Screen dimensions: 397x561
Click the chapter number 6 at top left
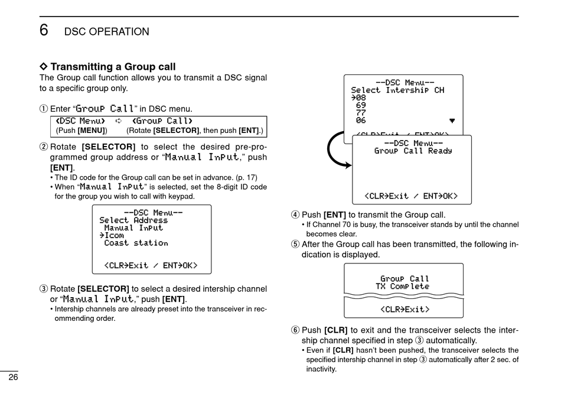click(44, 30)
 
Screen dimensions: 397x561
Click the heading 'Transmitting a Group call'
click(113, 67)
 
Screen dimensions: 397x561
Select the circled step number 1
click(43, 109)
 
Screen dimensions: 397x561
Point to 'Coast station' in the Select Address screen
click(136, 243)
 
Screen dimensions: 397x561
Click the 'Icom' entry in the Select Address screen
click(114, 235)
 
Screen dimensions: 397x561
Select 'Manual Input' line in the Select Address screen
click(133, 227)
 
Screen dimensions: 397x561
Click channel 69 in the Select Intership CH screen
click(361, 105)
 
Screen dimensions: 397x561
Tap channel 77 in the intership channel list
click(361, 113)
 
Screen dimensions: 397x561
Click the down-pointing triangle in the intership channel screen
click(452, 121)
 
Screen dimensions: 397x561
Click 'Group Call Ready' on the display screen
click(413, 151)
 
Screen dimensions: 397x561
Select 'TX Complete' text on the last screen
click(402, 287)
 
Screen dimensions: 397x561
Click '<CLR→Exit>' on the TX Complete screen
click(405, 309)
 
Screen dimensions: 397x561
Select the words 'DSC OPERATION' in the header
click(106, 32)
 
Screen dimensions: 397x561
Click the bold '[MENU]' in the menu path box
click(92, 130)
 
